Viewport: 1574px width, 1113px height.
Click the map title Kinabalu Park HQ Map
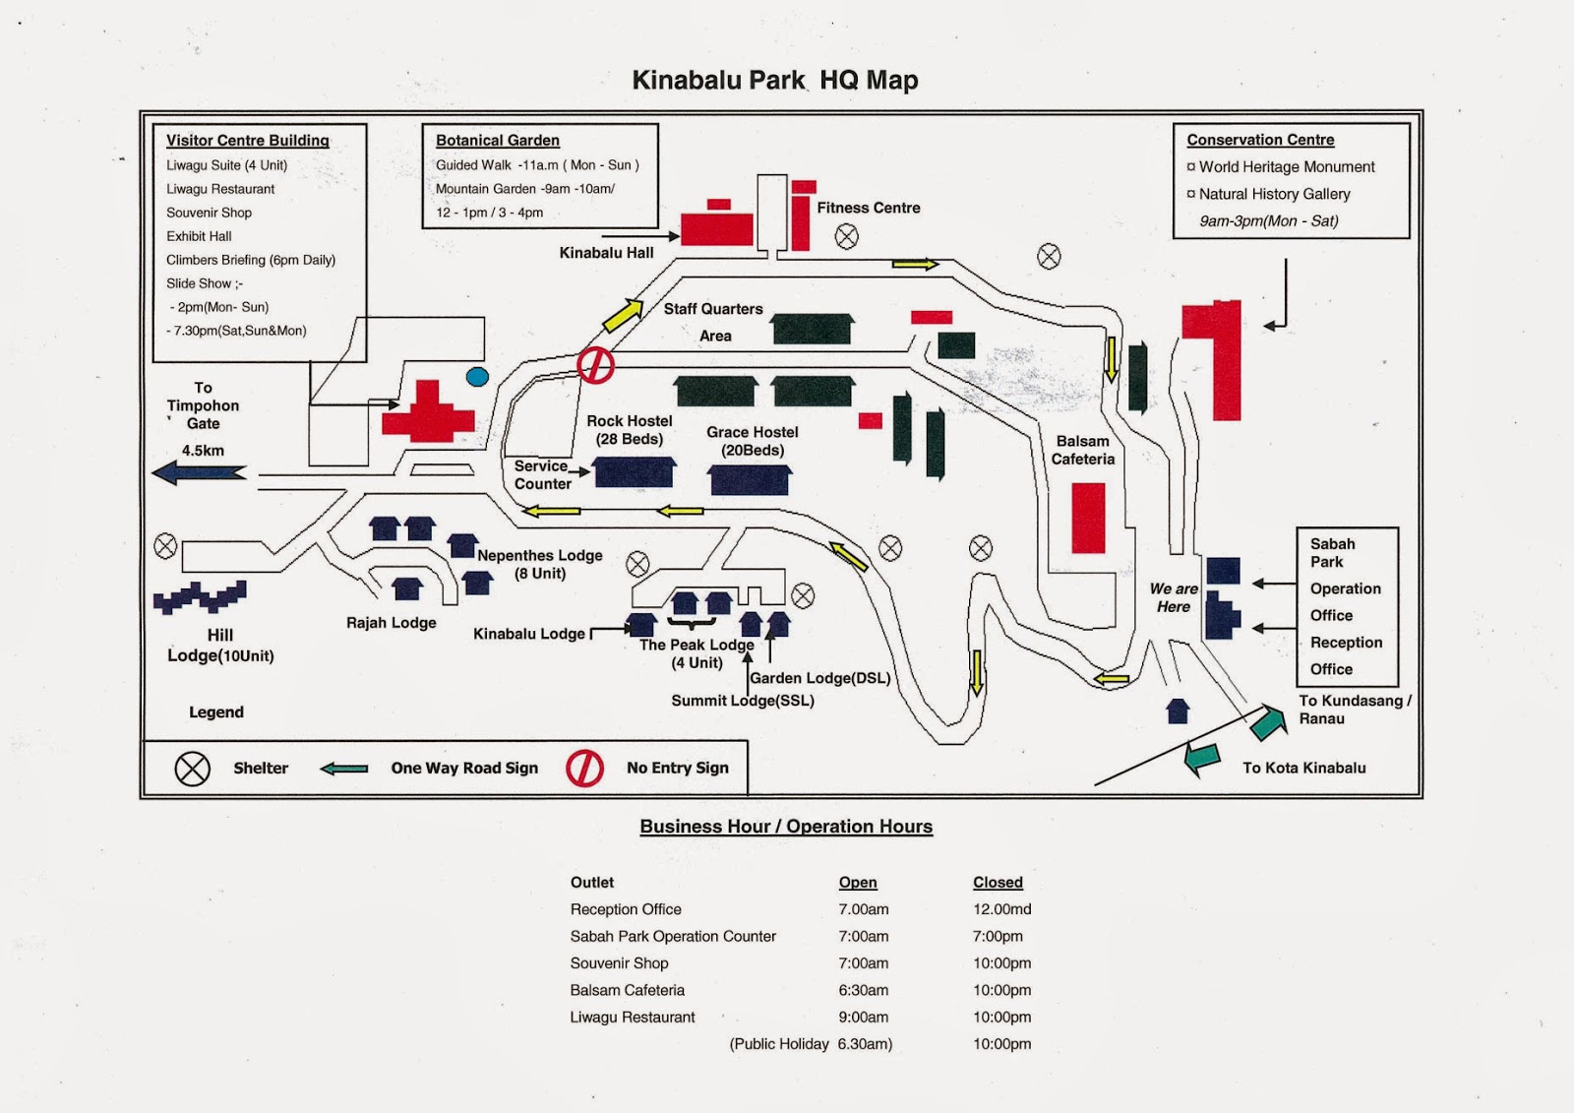coord(774,80)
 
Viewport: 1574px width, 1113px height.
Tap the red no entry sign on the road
coord(596,365)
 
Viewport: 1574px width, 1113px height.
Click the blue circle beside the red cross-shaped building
coord(477,377)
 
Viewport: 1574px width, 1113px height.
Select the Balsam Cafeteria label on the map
coord(1083,450)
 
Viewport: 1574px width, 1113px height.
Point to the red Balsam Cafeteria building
coord(1088,518)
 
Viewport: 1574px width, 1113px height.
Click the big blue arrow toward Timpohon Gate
coord(200,472)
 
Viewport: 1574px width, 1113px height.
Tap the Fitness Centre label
coord(869,208)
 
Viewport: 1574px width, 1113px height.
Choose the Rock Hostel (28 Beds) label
coord(629,430)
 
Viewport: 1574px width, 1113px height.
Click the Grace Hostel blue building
coord(749,480)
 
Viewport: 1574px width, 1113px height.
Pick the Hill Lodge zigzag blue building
coord(201,597)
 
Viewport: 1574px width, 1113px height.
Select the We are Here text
coord(1174,597)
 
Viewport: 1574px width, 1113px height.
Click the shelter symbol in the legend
coord(192,769)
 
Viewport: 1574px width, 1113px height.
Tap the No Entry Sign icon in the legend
coord(584,769)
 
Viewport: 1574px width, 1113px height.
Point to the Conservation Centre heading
coord(1260,140)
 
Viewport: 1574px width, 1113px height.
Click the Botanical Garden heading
coord(498,141)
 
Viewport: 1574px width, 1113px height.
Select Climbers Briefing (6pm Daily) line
coord(251,260)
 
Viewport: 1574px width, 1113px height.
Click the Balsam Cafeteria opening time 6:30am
coord(863,990)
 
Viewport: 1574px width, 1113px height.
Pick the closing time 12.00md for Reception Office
coord(1002,909)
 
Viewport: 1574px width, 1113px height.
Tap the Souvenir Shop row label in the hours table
coord(619,963)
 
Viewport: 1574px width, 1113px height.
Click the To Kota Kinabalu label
coord(1304,768)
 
